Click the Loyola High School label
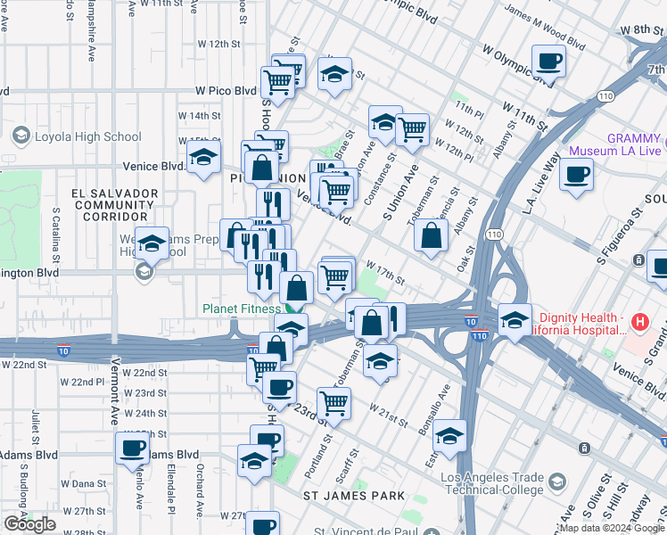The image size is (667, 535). [87, 136]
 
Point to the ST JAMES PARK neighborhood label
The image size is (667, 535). [353, 495]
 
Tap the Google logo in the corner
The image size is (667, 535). [29, 524]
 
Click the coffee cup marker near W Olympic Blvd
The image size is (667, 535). [548, 62]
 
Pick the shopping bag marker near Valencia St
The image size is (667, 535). [431, 235]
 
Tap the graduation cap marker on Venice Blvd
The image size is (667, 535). [204, 159]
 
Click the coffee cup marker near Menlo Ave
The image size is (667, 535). [132, 448]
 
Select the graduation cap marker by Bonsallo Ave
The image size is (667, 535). [449, 436]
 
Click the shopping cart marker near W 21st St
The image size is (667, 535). [333, 401]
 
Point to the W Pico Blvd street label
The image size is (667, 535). [226, 91]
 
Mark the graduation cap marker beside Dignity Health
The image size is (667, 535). [515, 318]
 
